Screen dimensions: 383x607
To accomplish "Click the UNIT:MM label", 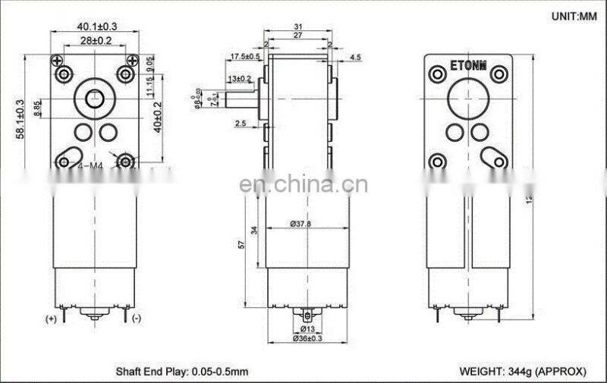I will coord(569,16).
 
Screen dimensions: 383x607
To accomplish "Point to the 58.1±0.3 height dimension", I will coord(21,120).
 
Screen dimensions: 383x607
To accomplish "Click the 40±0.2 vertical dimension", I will coord(157,116).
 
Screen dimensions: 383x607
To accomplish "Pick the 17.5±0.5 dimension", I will coord(244,56).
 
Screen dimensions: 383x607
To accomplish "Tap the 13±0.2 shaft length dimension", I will coord(239,78).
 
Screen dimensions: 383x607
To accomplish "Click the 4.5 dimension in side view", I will coord(355,58).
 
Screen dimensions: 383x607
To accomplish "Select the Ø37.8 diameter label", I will coord(302,224).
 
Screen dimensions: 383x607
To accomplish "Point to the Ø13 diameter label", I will coord(307,328).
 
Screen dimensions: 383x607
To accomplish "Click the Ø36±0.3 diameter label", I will coord(307,339).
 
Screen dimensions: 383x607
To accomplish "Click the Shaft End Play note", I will coord(181,372).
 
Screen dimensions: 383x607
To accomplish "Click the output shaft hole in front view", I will coord(94,99).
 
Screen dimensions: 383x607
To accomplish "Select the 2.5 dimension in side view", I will coord(240,123).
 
